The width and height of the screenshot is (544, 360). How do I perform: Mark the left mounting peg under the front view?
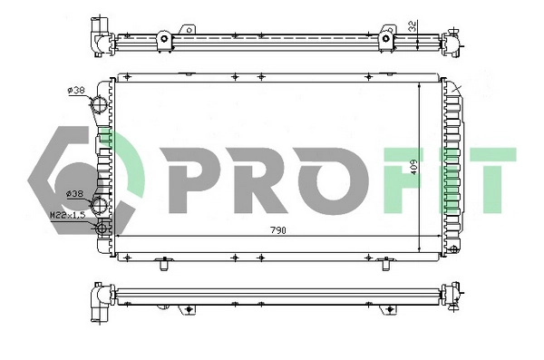tap(164, 266)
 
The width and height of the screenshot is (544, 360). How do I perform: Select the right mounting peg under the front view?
tap(388, 266)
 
